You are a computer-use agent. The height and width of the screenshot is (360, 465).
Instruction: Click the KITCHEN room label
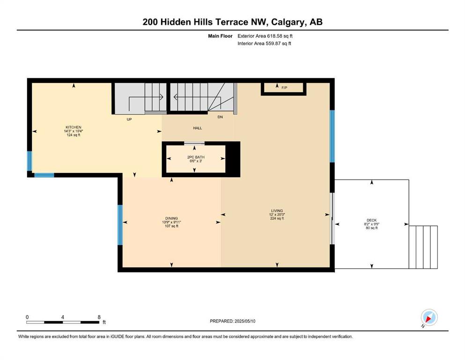[x=73, y=127]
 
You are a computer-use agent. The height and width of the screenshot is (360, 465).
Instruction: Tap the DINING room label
[x=171, y=218]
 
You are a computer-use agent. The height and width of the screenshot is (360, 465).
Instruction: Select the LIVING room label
[x=277, y=211]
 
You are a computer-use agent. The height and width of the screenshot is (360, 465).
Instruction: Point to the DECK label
[x=372, y=220]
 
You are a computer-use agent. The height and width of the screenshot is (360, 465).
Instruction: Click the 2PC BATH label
[x=196, y=157]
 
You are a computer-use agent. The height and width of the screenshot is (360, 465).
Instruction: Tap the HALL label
[x=198, y=128]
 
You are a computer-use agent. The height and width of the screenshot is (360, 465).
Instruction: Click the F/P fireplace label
[x=284, y=88]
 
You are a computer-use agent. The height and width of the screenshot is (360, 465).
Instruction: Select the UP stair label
[x=129, y=120]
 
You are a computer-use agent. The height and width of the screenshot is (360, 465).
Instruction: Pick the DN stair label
[x=220, y=117]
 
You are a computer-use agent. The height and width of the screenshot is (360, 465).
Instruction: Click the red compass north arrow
[x=428, y=319]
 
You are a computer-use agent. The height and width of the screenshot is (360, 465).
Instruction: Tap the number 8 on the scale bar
[x=99, y=317]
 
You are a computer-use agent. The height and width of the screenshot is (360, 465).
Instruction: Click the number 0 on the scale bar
[x=27, y=317]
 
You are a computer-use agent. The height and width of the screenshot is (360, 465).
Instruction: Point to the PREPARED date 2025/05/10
[x=245, y=321]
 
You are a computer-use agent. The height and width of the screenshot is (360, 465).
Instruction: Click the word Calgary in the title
[x=288, y=22]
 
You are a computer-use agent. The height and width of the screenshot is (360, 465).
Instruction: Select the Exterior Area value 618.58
[x=274, y=36]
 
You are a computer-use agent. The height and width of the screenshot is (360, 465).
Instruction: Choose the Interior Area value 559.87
[x=272, y=43]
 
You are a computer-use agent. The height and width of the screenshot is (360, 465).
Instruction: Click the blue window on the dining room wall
[x=120, y=225]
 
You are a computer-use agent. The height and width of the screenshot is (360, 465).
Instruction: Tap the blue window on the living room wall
[x=332, y=136]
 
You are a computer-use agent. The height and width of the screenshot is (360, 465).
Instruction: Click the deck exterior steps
[x=423, y=247]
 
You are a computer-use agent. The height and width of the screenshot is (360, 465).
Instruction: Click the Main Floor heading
[x=220, y=36]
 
